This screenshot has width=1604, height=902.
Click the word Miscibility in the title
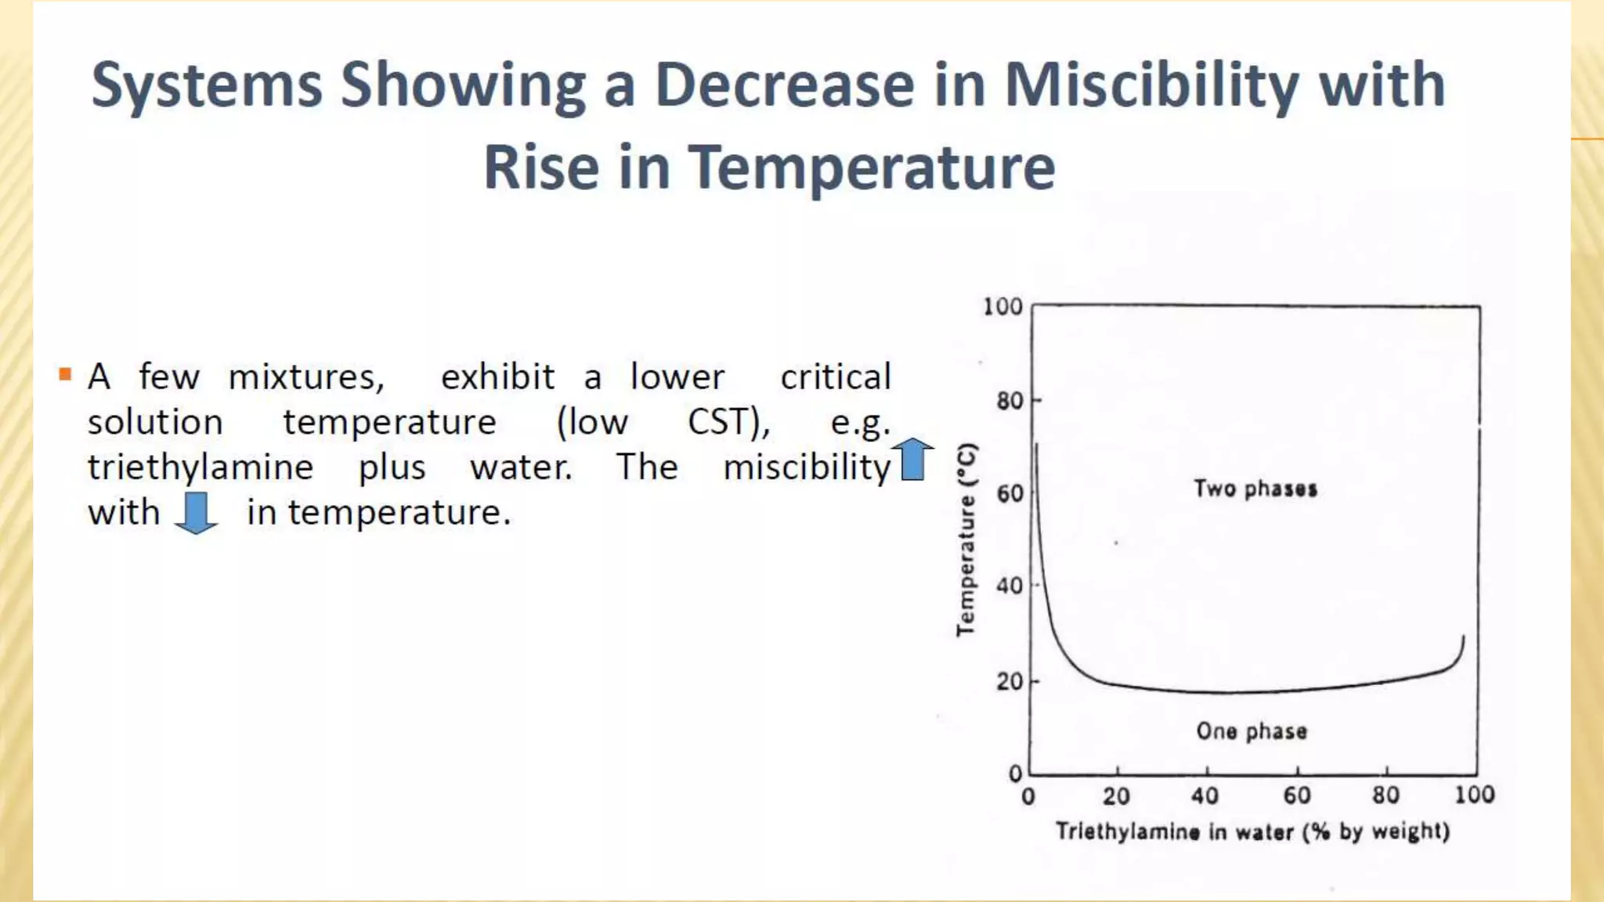click(1151, 86)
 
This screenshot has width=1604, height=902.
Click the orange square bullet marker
click(65, 374)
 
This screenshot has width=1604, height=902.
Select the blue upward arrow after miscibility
click(913, 460)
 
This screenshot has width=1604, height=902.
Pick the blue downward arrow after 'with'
click(196, 513)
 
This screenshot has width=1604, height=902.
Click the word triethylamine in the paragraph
click(200, 467)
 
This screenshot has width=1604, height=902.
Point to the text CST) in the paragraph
click(728, 422)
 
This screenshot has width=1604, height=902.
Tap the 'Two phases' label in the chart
click(1255, 489)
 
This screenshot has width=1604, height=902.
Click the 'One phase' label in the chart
click(1252, 731)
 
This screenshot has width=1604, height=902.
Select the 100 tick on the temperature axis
click(1003, 306)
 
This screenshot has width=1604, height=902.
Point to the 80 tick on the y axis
click(1010, 401)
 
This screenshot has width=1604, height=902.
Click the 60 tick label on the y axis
click(1010, 494)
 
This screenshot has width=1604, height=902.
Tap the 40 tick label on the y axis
click(1010, 586)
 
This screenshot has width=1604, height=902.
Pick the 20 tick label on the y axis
click(1010, 681)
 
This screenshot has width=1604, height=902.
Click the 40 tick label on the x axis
click(1205, 796)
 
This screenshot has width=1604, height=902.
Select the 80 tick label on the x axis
click(1385, 796)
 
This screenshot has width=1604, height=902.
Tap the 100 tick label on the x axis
click(1474, 796)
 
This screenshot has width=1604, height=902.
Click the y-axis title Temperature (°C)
click(967, 539)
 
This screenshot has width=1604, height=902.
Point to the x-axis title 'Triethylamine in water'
click(1252, 831)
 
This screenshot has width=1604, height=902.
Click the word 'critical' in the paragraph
click(836, 377)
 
